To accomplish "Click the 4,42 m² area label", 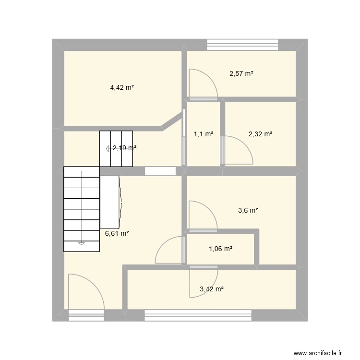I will (122, 87).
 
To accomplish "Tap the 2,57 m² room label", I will (241, 73).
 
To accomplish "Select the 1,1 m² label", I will (204, 134).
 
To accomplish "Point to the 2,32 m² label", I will (261, 134).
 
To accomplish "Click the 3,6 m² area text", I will (248, 210).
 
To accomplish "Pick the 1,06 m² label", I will (221, 249).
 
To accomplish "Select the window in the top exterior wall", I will (242, 44).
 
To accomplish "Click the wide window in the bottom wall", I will (198, 315).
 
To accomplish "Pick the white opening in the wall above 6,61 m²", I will (160, 171).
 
